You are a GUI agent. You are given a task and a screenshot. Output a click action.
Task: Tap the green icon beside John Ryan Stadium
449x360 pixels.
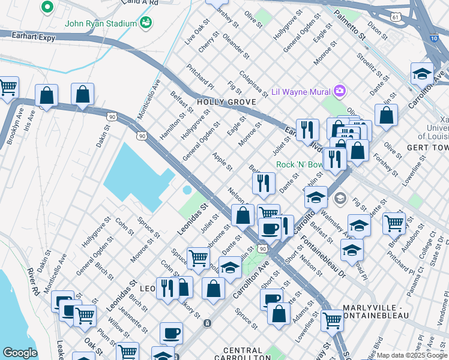pyautogui.click(x=145, y=23)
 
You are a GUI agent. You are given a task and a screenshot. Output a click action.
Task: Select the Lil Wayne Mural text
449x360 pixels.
pyautogui.click(x=301, y=92)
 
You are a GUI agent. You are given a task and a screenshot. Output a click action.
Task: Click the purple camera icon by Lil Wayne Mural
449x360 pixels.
pyautogui.click(x=340, y=91)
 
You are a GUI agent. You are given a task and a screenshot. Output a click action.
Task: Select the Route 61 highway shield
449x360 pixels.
pyautogui.click(x=394, y=18)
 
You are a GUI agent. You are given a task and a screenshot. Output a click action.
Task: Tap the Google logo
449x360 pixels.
pyautogui.click(x=20, y=353)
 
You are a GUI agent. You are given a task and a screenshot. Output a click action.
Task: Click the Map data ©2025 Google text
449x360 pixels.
pyautogui.click(x=411, y=355)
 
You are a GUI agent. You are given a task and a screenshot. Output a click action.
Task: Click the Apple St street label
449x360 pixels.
pyautogui.click(x=221, y=160)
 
